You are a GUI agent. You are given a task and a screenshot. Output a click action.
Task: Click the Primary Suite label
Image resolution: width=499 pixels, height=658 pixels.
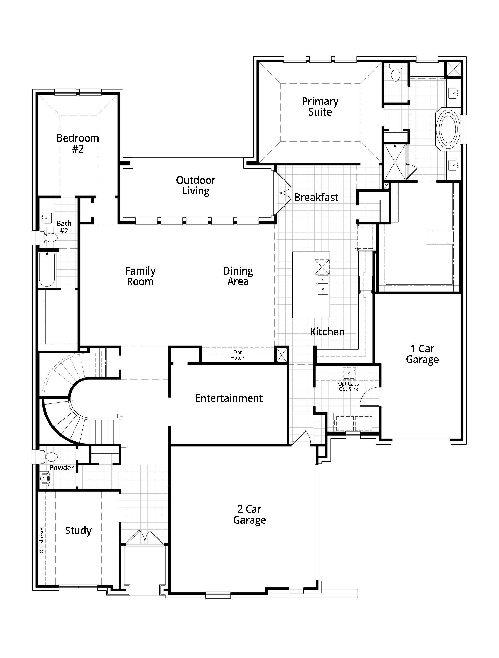pyautogui.click(x=320, y=107)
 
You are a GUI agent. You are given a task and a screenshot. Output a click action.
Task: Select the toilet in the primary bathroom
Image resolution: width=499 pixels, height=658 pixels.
pyautogui.click(x=396, y=73)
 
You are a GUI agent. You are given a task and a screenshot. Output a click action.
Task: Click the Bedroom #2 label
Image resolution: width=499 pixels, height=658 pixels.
pyautogui.click(x=78, y=143)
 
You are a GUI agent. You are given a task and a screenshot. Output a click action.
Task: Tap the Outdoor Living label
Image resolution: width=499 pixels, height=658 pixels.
pyautogui.click(x=195, y=185)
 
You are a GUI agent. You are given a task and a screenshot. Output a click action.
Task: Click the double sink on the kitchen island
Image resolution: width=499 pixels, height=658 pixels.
pyautogui.click(x=323, y=285)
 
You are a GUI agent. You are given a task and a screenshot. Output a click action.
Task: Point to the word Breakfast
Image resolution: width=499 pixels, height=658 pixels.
pyautogui.click(x=316, y=198)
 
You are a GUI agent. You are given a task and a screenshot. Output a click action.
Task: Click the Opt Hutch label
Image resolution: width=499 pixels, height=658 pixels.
pyautogui.click(x=237, y=355)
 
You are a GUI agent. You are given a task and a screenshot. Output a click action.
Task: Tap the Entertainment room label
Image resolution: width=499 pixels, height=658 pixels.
pyautogui.click(x=229, y=398)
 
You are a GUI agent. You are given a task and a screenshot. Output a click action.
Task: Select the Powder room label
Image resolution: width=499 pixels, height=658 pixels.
pyautogui.click(x=62, y=468)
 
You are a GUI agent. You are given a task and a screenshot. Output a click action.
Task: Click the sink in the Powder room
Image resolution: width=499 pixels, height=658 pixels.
pyautogui.click(x=45, y=479)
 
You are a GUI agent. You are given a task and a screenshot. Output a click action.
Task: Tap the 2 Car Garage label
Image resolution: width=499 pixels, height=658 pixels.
pyautogui.click(x=249, y=515)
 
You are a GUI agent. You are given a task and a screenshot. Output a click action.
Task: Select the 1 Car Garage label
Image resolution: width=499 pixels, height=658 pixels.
pyautogui.click(x=422, y=354)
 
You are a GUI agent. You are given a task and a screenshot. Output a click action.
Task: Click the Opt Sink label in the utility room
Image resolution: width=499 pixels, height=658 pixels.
pyautogui.click(x=349, y=389)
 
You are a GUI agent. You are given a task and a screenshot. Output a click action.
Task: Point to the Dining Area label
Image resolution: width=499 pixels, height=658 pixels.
pyautogui.click(x=238, y=276)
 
